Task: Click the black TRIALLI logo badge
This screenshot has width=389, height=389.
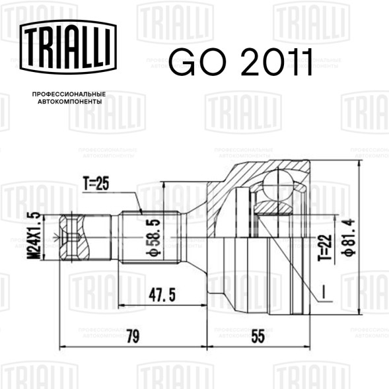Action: [68, 47]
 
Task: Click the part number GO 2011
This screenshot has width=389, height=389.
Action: [240, 62]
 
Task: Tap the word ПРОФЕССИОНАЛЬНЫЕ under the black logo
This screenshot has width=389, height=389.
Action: [69, 94]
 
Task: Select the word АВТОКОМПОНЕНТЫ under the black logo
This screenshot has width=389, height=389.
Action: [70, 102]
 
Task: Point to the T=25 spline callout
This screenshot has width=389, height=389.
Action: [96, 184]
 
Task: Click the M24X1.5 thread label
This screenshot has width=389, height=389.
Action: [34, 236]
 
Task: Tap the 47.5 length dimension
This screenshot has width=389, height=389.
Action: [162, 295]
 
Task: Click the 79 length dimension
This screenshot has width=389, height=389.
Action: [133, 336]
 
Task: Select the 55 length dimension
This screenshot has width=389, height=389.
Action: [258, 336]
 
